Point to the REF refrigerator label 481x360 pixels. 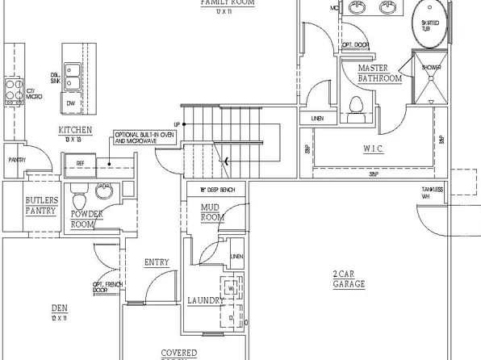pos(80,163)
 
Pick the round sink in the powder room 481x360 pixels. pos(103,190)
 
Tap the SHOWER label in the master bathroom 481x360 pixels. pos(431,67)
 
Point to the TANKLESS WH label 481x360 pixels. pos(431,192)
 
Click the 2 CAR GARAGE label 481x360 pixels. pos(349,279)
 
